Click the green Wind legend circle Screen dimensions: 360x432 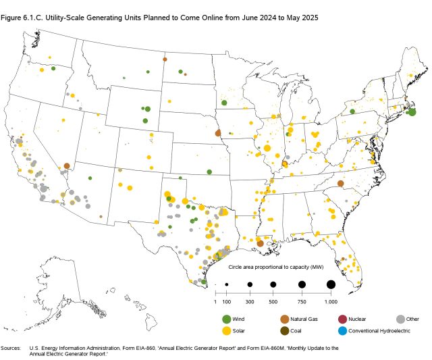tap(227, 319)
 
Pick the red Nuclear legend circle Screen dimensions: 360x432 tap(343, 319)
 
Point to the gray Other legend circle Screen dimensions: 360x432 tap(400, 319)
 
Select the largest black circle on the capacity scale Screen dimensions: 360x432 tap(331, 284)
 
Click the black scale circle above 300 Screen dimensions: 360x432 tap(250, 284)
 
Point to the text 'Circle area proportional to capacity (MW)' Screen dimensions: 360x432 tap(273, 268)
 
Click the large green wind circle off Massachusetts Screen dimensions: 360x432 tap(412, 113)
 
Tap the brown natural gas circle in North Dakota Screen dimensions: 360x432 tap(165, 59)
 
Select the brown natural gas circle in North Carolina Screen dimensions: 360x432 tap(341, 183)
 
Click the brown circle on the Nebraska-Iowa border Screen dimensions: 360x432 tap(218, 132)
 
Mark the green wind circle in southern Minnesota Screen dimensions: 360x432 tap(223, 103)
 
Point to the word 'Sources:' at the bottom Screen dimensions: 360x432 tap(11, 347)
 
